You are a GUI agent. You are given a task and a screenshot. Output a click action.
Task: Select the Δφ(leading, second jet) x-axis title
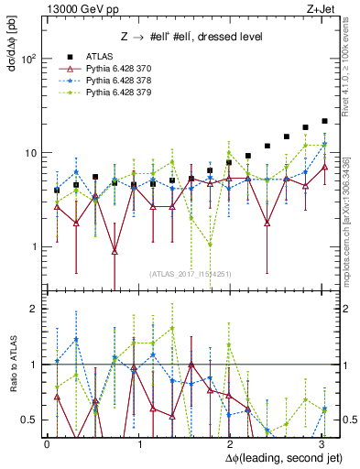coord(275,456)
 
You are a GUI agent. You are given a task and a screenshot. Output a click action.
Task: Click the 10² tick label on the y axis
coord(29,59)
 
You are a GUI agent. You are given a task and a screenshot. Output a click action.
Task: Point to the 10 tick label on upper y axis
coord(32,153)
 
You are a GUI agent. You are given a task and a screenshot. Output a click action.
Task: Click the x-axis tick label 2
coord(230,442)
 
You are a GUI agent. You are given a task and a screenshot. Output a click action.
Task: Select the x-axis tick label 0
coord(47,442)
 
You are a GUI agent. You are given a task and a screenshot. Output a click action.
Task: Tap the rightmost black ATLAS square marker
coord(325,121)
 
